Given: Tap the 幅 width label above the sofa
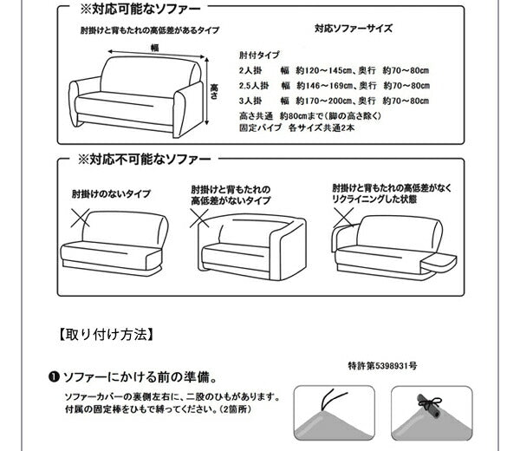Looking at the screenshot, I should [x=154, y=48].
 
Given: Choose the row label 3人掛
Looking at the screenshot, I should [x=250, y=100].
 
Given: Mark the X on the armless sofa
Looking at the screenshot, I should [x=82, y=215].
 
